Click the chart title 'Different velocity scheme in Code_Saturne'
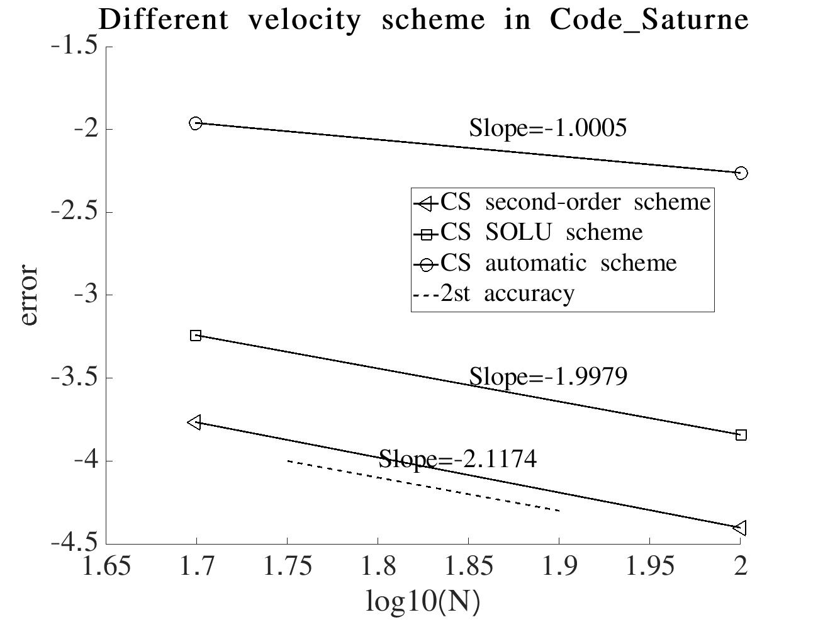click(x=423, y=20)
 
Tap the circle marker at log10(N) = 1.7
click(x=196, y=123)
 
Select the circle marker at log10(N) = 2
click(x=741, y=172)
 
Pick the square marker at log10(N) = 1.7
click(x=196, y=336)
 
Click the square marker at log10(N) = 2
click(x=741, y=435)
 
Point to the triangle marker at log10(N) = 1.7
click(x=195, y=422)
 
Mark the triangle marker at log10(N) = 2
click(x=741, y=528)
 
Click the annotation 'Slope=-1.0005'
click(x=548, y=128)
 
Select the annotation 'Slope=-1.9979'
click(x=548, y=376)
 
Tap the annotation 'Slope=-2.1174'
click(x=457, y=459)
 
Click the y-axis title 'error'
click(x=29, y=295)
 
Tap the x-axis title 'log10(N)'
click(x=423, y=601)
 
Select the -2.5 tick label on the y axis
click(x=75, y=212)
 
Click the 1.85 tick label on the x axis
click(x=468, y=565)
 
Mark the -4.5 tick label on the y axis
click(x=75, y=542)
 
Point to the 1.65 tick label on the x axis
click(x=106, y=565)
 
